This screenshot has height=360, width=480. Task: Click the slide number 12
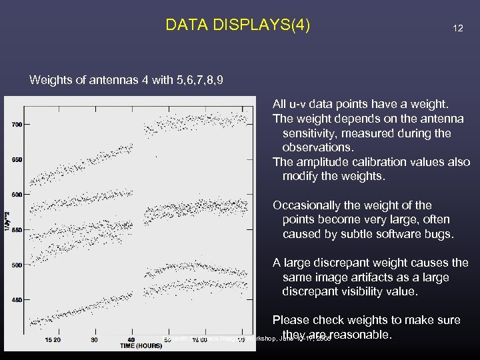tap(457, 29)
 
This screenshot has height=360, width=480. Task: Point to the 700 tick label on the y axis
tap(16, 125)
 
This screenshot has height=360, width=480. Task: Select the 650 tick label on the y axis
tap(16, 159)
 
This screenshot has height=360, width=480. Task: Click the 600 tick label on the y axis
tap(16, 195)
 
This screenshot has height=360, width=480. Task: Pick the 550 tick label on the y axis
tap(16, 230)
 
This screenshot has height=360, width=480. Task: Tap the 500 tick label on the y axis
tap(16, 265)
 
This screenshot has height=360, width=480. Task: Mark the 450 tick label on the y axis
tap(16, 300)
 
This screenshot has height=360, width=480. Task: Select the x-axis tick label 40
tap(131, 339)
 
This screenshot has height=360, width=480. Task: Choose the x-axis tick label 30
tap(94, 339)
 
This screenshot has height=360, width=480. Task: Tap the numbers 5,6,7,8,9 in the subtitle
tap(199, 81)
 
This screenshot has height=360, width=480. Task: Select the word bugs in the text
tap(440, 234)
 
